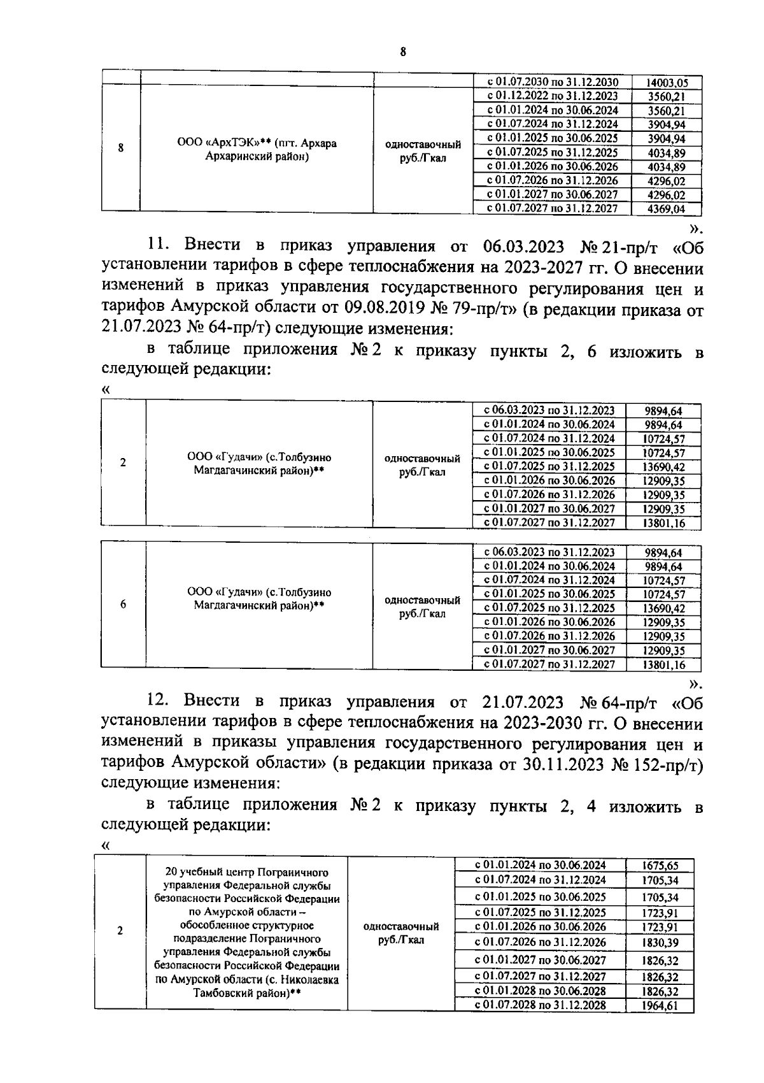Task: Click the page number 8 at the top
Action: (403, 53)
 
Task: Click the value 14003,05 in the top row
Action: (667, 83)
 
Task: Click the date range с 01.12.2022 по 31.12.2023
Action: (552, 96)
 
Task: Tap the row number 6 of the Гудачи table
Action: (123, 605)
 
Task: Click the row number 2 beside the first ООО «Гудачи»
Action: (123, 463)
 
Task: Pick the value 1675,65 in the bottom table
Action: (660, 866)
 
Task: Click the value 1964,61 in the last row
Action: (660, 1007)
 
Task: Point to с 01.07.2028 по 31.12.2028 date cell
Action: (541, 1006)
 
